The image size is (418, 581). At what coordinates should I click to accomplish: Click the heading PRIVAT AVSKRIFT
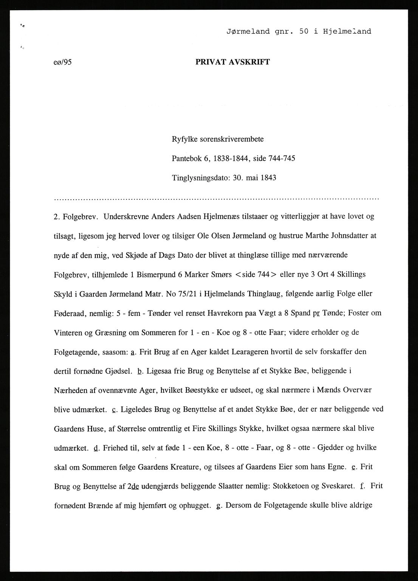[232, 62]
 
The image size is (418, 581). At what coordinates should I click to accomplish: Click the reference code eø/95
[63, 62]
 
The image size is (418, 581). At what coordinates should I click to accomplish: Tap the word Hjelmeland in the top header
[347, 31]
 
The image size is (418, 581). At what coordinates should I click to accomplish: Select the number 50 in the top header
[303, 31]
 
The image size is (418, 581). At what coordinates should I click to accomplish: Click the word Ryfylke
[185, 139]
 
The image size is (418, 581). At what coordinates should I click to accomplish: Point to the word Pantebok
[187, 158]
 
